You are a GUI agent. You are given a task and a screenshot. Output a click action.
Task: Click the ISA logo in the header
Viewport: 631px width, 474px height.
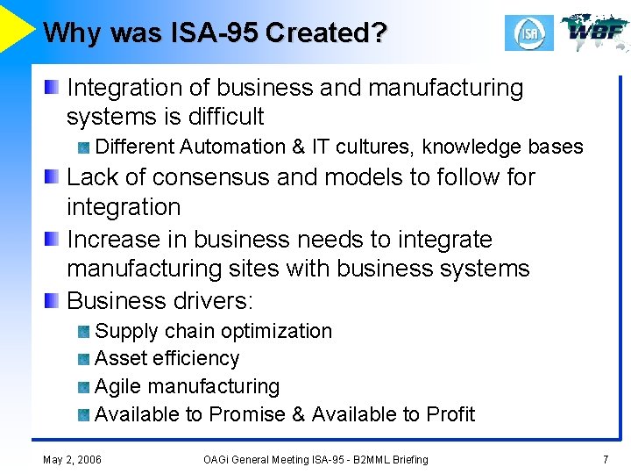(x=528, y=32)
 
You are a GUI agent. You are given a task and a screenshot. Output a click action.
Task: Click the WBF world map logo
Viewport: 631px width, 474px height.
(x=595, y=32)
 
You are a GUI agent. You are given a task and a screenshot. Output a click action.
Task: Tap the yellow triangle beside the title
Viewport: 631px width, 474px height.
(x=16, y=26)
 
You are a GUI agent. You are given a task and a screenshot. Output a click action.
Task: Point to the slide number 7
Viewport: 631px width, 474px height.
(x=605, y=459)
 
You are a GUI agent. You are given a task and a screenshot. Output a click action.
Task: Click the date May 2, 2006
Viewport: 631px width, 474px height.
(x=72, y=459)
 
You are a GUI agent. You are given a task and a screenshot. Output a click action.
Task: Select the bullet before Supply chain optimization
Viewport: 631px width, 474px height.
(x=83, y=332)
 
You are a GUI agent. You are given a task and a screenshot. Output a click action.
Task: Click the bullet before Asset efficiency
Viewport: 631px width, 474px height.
(x=83, y=359)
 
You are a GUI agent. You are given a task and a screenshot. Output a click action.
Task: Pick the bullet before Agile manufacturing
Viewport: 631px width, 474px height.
(x=83, y=387)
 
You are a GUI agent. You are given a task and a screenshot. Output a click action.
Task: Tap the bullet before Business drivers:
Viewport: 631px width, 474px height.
(x=53, y=301)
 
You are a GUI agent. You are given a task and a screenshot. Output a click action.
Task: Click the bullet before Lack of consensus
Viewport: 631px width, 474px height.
(x=53, y=177)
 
